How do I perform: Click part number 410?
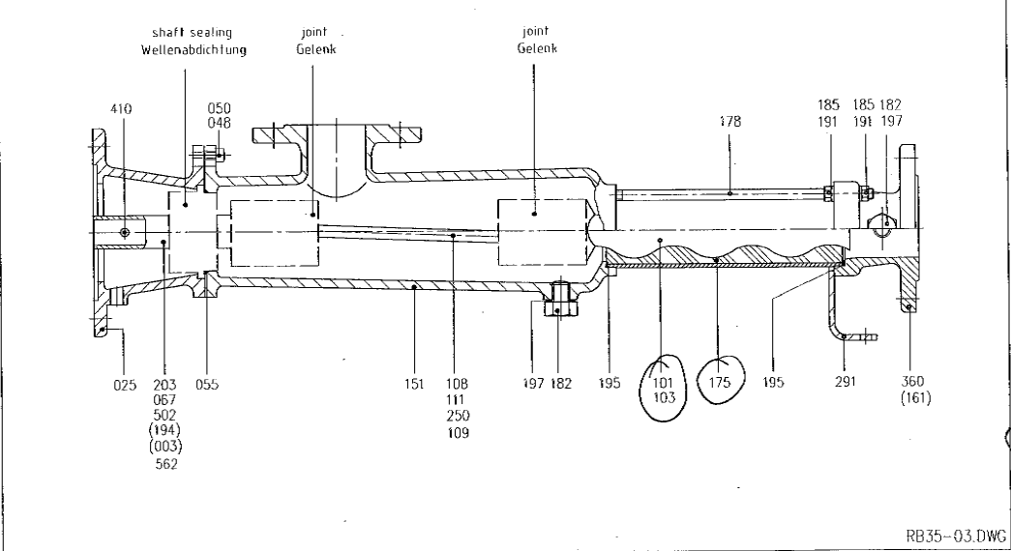coord(121,109)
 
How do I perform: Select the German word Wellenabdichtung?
coord(193,49)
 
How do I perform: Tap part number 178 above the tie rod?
coord(730,121)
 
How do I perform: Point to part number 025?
coord(125,385)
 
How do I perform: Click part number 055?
coord(207,385)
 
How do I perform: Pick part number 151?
coord(414,385)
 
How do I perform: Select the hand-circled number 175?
coord(720,382)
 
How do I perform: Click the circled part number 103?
coord(664,398)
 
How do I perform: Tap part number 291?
coord(846,382)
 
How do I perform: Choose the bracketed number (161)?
coord(915,397)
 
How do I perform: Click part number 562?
coord(165,464)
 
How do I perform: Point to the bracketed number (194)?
coord(165,430)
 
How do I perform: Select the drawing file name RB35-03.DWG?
coord(956,536)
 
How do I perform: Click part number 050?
coord(220,108)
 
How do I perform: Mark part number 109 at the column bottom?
coord(458,433)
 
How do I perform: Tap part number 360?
coord(912,382)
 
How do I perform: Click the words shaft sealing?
coord(193,32)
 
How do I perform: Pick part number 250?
coord(458,416)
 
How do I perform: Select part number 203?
coord(165,385)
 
